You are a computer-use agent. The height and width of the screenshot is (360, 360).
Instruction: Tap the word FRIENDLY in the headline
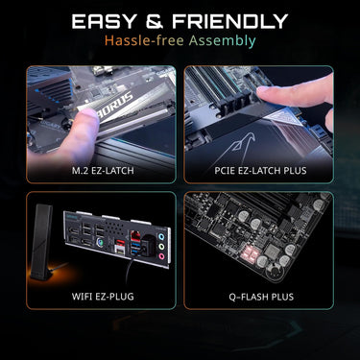[229, 21]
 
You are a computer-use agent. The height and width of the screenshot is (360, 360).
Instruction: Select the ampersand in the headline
[155, 21]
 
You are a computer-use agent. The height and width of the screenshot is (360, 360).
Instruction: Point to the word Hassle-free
[144, 40]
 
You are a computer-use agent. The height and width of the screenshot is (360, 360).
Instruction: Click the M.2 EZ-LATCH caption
[103, 171]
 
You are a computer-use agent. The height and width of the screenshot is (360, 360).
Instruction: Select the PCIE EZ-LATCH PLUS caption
[260, 171]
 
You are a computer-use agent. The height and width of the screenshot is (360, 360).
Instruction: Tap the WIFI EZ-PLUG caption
[103, 297]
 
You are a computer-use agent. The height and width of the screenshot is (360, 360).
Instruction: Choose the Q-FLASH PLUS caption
[261, 297]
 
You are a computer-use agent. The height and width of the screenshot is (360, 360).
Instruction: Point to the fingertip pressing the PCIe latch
[267, 93]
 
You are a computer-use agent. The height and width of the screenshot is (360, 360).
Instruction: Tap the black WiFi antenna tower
[42, 242]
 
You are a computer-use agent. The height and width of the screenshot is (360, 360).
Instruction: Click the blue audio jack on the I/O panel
[161, 237]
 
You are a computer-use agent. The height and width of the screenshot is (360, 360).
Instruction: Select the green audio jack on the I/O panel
[161, 247]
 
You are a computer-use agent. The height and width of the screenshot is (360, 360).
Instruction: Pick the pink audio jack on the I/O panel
[161, 256]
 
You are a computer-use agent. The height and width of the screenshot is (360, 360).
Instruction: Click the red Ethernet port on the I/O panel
[135, 238]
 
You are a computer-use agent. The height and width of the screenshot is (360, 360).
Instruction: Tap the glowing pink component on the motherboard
[250, 255]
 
